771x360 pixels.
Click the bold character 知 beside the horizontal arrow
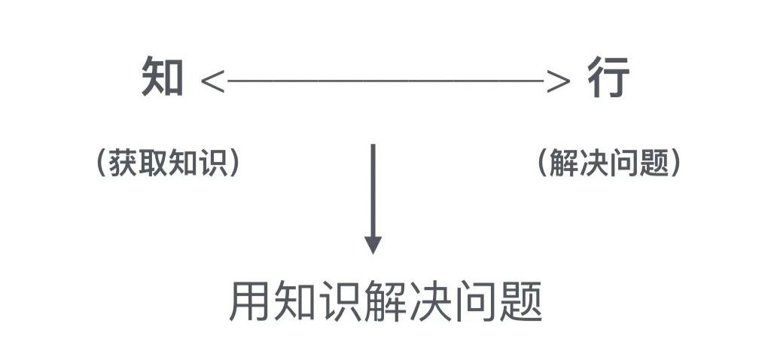[x=163, y=78]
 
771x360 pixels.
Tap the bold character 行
[x=608, y=78]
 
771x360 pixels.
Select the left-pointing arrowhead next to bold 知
[x=213, y=79]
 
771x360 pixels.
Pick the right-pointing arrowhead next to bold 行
[x=558, y=79]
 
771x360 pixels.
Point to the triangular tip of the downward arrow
[x=373, y=245]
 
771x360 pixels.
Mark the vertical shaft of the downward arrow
[x=373, y=188]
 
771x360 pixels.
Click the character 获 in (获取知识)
[x=124, y=163]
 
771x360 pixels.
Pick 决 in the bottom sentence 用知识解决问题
[x=430, y=302]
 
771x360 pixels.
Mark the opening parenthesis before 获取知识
[x=102, y=163]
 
